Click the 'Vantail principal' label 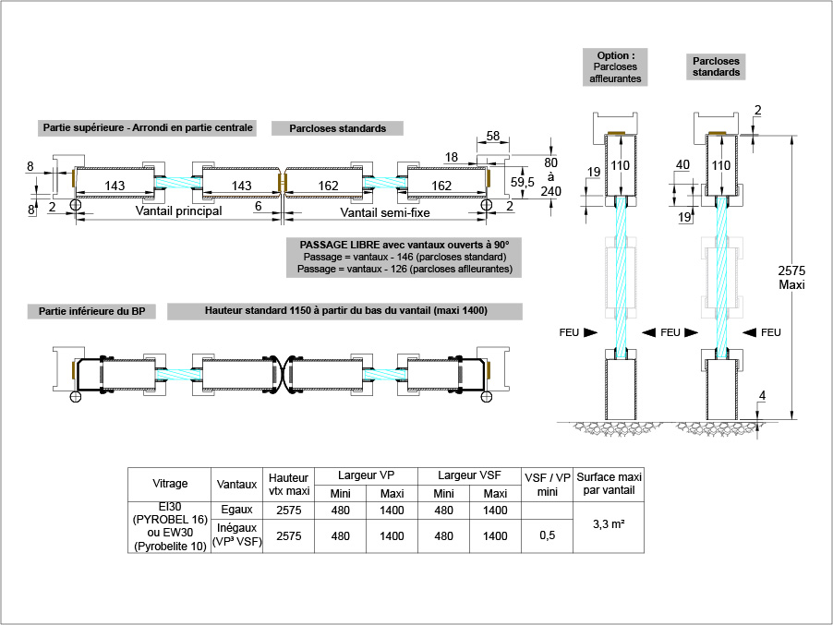[178, 211]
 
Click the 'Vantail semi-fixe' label [384, 211]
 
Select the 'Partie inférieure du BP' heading [92, 312]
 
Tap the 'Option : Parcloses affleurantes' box [616, 66]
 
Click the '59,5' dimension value [524, 182]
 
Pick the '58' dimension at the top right [492, 137]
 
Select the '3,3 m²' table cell [609, 523]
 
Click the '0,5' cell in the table [548, 535]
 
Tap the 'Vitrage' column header [170, 483]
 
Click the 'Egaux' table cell [237, 510]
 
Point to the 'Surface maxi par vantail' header [609, 483]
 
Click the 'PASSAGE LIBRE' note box [404, 257]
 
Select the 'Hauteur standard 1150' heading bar [345, 311]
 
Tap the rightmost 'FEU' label [770, 332]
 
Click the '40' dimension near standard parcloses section [682, 164]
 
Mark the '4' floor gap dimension [760, 397]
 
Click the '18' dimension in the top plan [452, 157]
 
